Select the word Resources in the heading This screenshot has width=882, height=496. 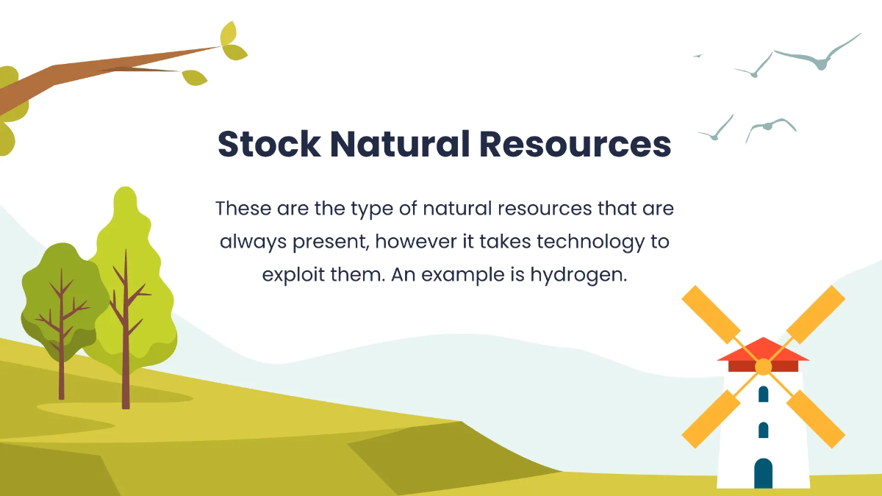pyautogui.click(x=576, y=144)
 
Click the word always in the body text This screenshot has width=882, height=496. pyautogui.click(x=248, y=242)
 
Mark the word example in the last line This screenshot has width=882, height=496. pyautogui.click(x=459, y=276)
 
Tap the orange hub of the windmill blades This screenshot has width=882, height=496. pyautogui.click(x=764, y=367)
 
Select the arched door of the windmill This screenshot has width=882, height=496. pyautogui.click(x=764, y=473)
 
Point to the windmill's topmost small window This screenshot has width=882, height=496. pyautogui.click(x=764, y=394)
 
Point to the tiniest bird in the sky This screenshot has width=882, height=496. pyautogui.click(x=698, y=55)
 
